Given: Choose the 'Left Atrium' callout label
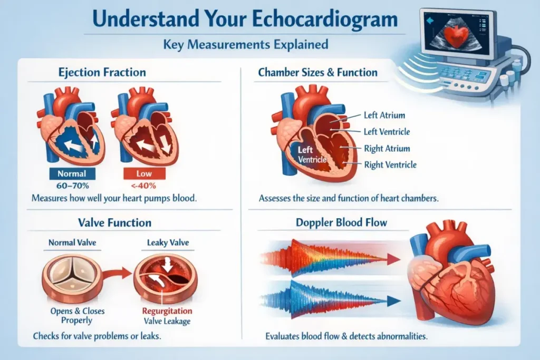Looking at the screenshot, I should tap(384, 115).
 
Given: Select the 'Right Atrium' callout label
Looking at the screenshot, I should tap(387, 149).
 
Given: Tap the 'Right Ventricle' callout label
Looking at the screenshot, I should tap(390, 165).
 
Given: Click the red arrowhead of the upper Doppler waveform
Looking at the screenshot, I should tap(392, 258).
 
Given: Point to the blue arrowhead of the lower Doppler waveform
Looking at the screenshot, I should tap(392, 300).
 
